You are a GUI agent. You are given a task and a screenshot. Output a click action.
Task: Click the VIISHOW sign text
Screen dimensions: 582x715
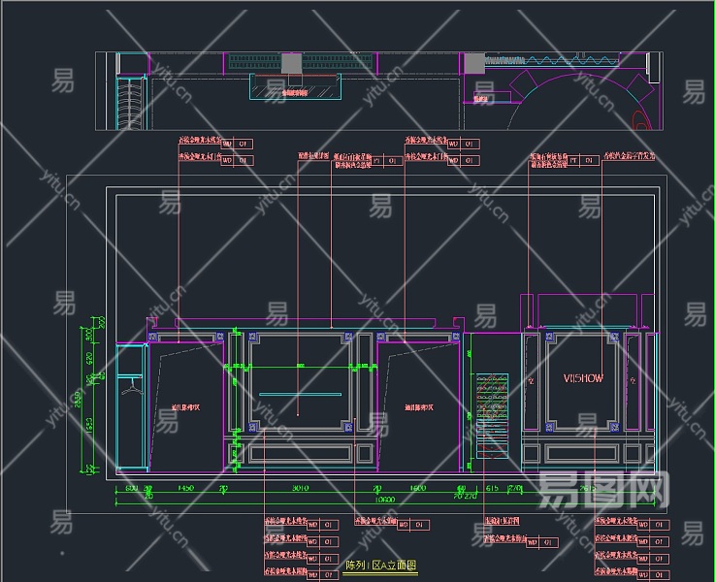click(583, 378)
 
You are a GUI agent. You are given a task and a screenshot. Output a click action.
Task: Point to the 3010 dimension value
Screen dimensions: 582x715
click(301, 489)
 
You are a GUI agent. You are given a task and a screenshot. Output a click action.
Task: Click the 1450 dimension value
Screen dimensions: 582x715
click(187, 489)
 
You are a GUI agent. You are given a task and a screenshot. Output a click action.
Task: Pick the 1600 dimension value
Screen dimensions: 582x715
click(418, 489)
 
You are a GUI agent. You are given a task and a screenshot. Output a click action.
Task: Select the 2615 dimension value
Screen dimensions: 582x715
click(588, 489)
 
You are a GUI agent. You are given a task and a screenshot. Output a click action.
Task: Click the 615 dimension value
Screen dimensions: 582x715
click(492, 489)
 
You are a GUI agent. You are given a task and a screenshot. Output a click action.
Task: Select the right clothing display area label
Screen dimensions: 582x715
click(418, 408)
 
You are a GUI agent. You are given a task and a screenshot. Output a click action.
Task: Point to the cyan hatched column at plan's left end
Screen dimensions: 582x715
click(127, 101)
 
